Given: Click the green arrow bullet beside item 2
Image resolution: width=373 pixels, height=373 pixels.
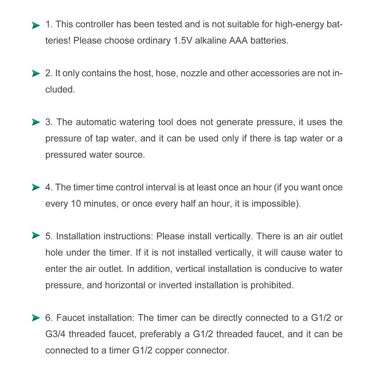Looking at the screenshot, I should point(36,73).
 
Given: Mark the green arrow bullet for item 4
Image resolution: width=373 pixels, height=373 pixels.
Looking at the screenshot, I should point(36,188).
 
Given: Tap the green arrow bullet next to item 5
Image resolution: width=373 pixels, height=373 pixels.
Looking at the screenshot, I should point(36,236).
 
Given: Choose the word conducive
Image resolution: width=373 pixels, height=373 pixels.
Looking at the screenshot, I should point(276,269).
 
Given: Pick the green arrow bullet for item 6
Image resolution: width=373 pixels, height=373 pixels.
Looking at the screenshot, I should point(36,318).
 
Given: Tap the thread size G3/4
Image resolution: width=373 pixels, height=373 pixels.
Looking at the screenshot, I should point(57,335).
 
